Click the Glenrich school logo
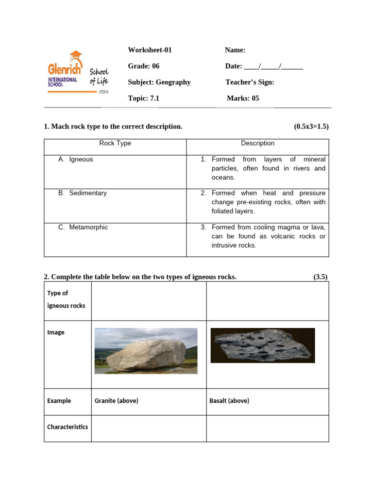pos(78,73)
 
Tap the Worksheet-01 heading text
pos(150,50)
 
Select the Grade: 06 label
pos(143,66)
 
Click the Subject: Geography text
pos(159,82)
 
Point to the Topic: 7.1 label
pos(143,98)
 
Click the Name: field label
pos(235,50)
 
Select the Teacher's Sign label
pos(250,82)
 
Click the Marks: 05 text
pos(243,98)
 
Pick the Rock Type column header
pos(115,143)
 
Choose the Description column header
pos(257,143)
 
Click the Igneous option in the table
pos(81,160)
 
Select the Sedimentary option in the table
pos(87,193)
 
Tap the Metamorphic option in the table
pos(88,227)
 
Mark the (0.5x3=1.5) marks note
pos(311,126)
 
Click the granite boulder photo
pos(146,351)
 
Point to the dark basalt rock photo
pos(262,345)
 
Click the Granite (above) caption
pos(116,401)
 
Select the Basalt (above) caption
pos(229,401)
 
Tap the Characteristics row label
pos(68,427)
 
